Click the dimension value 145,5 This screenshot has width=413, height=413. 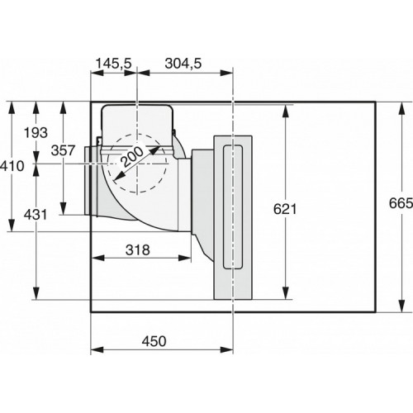click(114, 64)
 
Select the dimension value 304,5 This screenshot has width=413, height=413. click(183, 64)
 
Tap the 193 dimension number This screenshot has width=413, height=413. click(36, 133)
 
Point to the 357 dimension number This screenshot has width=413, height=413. click(63, 150)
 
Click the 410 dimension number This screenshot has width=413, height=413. click(12, 166)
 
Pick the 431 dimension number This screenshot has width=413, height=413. click(36, 215)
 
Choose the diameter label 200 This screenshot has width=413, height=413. click(133, 156)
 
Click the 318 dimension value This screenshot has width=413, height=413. click(138, 250)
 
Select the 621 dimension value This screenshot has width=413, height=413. click(285, 209)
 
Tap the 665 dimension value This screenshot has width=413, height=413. click(401, 203)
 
